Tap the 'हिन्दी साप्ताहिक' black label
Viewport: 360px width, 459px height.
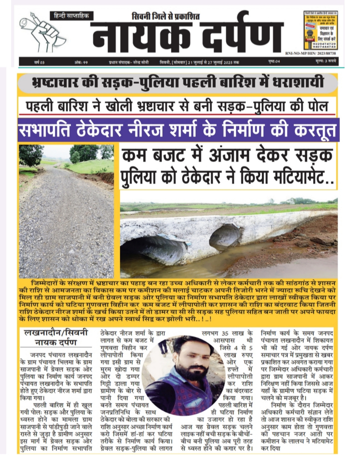tap(71, 16)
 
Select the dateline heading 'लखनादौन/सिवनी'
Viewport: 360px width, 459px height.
tap(56, 332)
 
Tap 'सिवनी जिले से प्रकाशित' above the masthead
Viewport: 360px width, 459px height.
tap(166, 16)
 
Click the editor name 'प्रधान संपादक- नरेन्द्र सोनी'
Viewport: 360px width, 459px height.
tap(128, 62)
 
